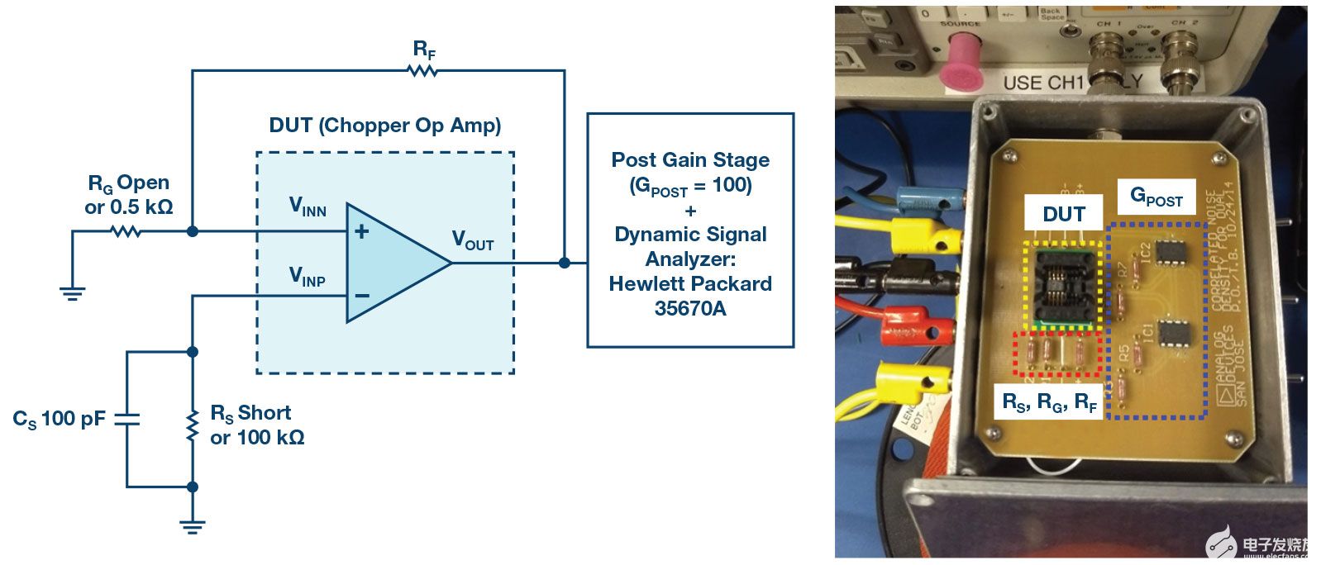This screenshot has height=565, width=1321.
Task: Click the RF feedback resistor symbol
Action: click(x=422, y=71)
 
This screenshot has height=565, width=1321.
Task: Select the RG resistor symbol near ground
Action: click(x=126, y=232)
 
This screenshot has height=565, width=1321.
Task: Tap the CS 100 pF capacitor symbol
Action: click(x=126, y=419)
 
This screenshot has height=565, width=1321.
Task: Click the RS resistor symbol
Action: click(x=193, y=425)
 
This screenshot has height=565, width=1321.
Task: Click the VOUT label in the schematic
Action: click(x=472, y=241)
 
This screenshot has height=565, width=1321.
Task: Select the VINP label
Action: click(x=307, y=277)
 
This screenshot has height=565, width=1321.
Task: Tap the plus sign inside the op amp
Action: click(x=361, y=232)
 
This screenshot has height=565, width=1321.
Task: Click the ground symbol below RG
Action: click(x=73, y=292)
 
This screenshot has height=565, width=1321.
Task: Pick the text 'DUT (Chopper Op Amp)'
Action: click(x=385, y=126)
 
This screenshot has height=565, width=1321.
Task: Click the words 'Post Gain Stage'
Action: click(x=689, y=160)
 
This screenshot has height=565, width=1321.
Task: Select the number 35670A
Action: click(x=689, y=309)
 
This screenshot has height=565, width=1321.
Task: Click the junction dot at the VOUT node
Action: click(x=564, y=263)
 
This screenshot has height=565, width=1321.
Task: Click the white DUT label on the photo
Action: click(x=1062, y=214)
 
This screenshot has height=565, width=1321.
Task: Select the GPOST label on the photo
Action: click(x=1156, y=197)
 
